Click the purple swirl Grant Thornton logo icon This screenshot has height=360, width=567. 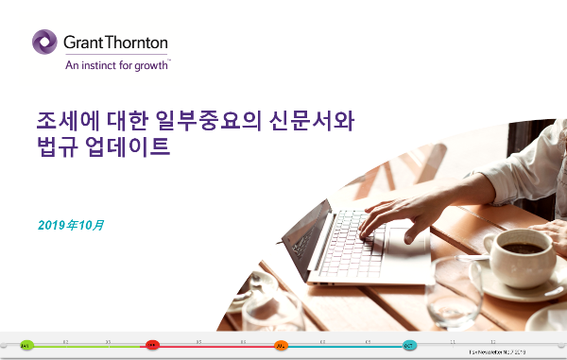(x=46, y=43)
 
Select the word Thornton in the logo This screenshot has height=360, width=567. (x=137, y=43)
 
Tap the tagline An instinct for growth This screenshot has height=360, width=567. (x=116, y=65)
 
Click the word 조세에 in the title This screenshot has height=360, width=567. (x=63, y=120)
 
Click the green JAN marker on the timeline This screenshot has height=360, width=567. (x=26, y=346)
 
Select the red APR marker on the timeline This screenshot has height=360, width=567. (x=152, y=346)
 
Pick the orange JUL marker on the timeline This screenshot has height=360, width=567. (x=281, y=346)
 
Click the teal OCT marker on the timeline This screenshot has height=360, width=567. (x=409, y=346)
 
